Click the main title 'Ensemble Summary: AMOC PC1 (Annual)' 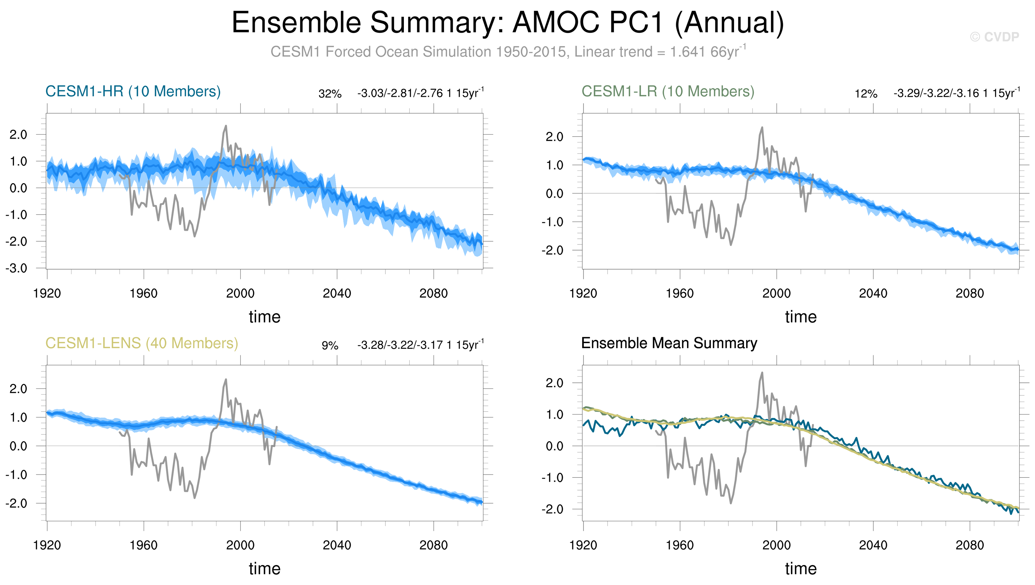[x=507, y=23]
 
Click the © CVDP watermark [x=994, y=37]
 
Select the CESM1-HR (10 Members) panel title [x=133, y=92]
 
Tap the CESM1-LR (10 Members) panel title [x=668, y=92]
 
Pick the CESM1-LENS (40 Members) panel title [x=142, y=343]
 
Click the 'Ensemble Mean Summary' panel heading [x=669, y=343]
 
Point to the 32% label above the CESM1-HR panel [x=330, y=94]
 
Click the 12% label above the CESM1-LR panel [x=866, y=94]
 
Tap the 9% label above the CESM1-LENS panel [x=330, y=346]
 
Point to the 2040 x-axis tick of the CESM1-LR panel [x=873, y=294]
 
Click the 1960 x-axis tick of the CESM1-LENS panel [x=144, y=546]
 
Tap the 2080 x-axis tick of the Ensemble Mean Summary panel [x=970, y=546]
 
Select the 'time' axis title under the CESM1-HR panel [x=264, y=317]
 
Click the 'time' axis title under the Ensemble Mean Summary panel [x=800, y=569]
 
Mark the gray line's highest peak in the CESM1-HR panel [x=226, y=126]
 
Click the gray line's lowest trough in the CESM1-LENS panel [x=195, y=498]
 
